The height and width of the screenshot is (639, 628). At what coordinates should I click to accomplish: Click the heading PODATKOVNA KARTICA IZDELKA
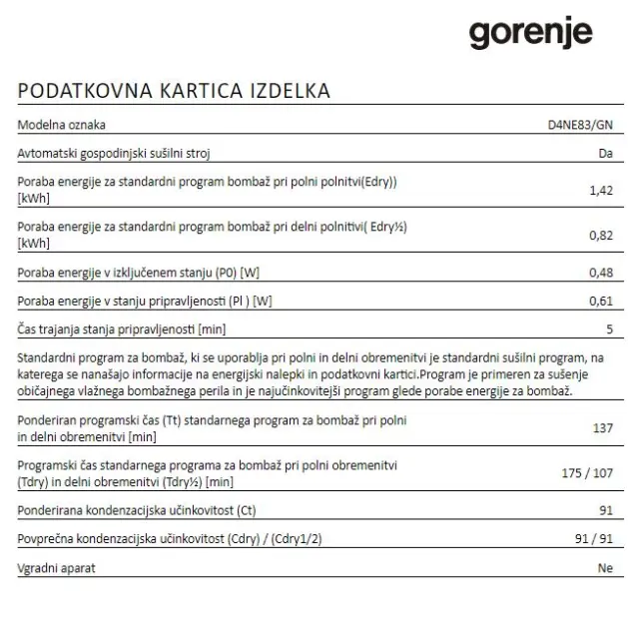(174, 91)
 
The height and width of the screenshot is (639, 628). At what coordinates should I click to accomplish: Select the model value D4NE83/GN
(580, 125)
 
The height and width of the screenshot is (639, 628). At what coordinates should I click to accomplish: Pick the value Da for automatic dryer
(604, 154)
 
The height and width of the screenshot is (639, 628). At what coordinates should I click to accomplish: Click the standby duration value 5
(608, 328)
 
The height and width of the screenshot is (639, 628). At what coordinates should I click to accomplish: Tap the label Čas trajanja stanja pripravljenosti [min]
(121, 328)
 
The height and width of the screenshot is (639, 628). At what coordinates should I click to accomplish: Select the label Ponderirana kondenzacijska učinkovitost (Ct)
(137, 511)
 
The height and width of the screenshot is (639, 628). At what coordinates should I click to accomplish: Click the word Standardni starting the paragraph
(48, 357)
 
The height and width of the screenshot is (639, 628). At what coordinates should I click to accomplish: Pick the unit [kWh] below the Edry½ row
(34, 244)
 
